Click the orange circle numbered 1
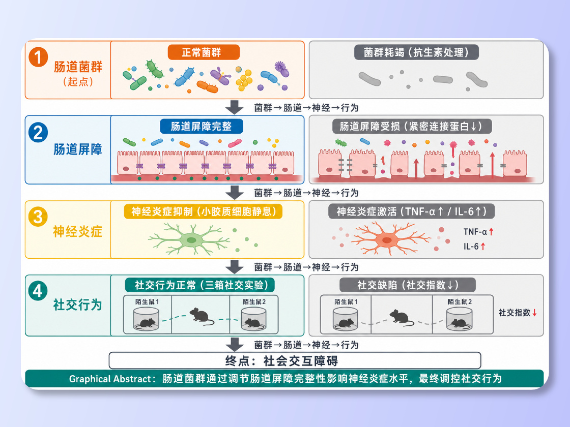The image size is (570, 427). coord(38,57)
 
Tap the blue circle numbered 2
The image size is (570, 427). coord(38,132)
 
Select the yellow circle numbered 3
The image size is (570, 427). coord(38,217)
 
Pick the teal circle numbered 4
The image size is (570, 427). coord(38,291)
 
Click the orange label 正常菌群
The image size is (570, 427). coord(204,52)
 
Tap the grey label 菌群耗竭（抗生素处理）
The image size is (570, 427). coord(416,52)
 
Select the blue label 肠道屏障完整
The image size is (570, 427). coord(202,127)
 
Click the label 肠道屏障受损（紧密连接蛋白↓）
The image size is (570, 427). coord(412,127)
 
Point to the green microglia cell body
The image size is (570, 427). coord(191,239)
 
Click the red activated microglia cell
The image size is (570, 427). coord(387,239)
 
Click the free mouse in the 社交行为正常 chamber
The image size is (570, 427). coord(201,316)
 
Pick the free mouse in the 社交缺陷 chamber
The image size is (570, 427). coord(401,317)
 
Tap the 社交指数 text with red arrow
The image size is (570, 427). coord(518,313)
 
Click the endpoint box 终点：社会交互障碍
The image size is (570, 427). coord(295,360)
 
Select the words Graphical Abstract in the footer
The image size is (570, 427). coord(110,379)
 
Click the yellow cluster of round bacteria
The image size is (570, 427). coord(244,79)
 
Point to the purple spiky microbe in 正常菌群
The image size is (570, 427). coord(281,68)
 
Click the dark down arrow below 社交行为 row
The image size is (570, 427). coord(235,345)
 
